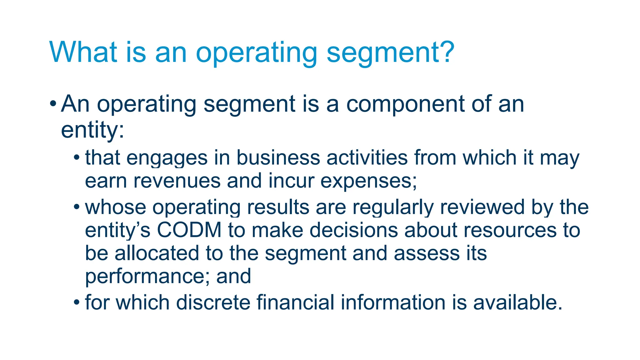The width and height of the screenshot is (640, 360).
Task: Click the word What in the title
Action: (83, 52)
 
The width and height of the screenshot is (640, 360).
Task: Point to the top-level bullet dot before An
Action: (53, 103)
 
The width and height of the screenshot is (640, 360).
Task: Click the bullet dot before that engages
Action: (77, 157)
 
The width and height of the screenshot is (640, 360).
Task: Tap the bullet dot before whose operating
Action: (77, 207)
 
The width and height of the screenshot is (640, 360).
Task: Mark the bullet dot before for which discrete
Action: (77, 302)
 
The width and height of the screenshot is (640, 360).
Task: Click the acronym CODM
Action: (189, 230)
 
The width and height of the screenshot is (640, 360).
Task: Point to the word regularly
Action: (393, 208)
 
